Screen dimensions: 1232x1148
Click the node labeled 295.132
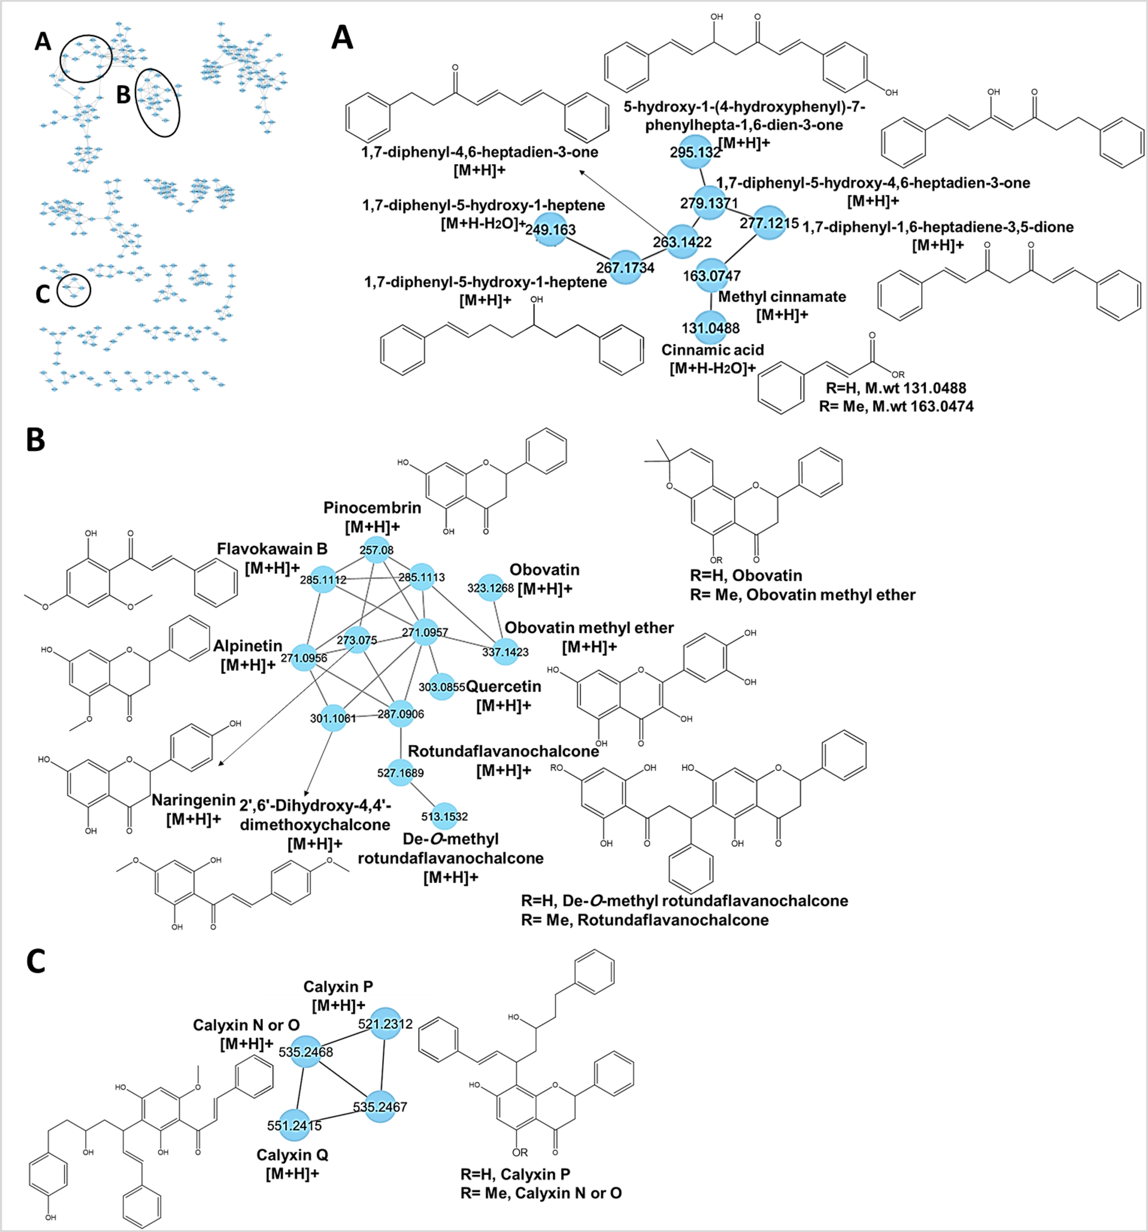point(695,151)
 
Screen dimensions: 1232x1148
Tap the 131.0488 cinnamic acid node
point(710,328)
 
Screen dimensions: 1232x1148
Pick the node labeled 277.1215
point(769,223)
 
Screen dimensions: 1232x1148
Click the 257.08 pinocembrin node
point(376,550)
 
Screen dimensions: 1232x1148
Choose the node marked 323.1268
point(491,588)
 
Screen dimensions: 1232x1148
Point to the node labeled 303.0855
point(441,687)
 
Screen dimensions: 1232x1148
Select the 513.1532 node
point(444,816)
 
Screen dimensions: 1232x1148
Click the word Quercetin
point(504,686)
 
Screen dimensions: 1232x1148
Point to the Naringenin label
point(193,800)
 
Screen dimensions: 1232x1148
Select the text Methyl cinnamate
point(782,297)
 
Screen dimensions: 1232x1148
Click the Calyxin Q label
point(292,1155)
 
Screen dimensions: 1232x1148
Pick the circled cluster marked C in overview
point(74,290)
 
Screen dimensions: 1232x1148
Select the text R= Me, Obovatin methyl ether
point(803,595)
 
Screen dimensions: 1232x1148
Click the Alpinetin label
point(248,645)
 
